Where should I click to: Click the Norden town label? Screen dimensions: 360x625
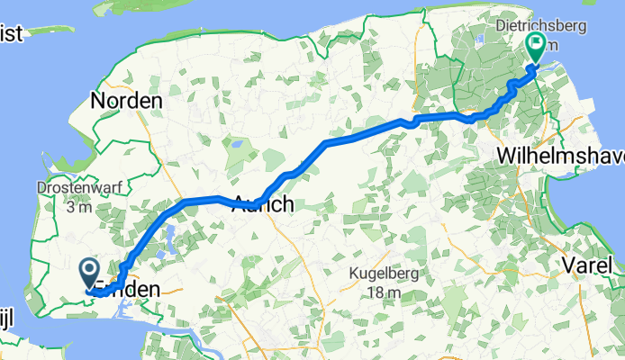point(127,101)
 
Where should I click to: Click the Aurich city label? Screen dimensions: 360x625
point(263,204)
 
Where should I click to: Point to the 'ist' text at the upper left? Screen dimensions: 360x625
point(16,32)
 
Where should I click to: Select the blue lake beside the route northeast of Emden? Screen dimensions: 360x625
point(168,238)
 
